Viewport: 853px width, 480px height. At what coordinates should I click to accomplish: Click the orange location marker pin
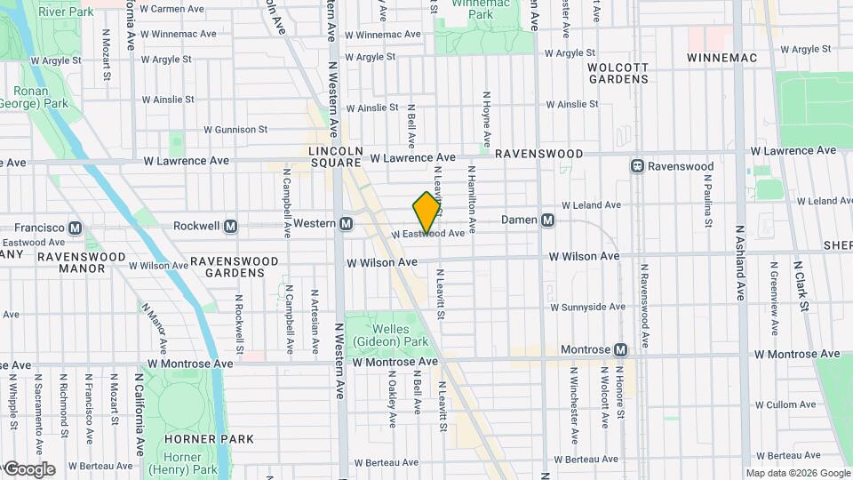[427, 212]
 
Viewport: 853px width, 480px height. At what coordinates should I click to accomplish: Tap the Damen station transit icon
[548, 220]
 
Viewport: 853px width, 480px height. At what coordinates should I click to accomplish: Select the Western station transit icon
[346, 223]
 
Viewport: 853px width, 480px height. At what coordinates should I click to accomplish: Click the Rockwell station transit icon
[231, 226]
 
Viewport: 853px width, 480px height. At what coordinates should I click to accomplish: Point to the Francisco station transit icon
[75, 227]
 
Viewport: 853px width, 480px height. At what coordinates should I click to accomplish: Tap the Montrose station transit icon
[620, 350]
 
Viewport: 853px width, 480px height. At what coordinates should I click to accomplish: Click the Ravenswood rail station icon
[637, 166]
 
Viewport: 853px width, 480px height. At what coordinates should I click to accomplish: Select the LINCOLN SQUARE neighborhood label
[334, 156]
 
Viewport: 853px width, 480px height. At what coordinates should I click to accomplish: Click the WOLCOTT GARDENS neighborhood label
[618, 72]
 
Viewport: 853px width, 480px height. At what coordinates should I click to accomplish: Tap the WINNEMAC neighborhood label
[721, 58]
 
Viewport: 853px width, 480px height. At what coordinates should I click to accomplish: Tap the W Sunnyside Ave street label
[587, 307]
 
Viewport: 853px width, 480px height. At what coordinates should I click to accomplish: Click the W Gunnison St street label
[235, 129]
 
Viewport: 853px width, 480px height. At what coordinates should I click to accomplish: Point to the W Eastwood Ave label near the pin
[429, 234]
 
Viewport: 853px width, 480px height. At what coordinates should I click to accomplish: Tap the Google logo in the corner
[29, 469]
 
